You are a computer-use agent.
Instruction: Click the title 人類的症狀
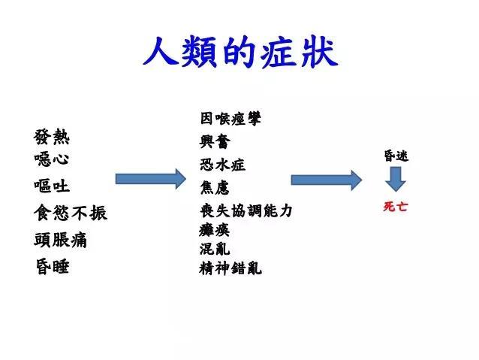pyautogui.click(x=239, y=52)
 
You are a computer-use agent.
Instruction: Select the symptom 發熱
pyautogui.click(x=52, y=137)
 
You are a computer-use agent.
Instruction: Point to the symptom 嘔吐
pyautogui.click(x=52, y=185)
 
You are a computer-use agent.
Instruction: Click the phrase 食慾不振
pyautogui.click(x=71, y=213)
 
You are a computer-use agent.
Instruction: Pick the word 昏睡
pyautogui.click(x=52, y=266)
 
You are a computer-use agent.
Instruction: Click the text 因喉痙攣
pyautogui.click(x=231, y=118)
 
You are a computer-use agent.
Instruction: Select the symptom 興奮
pyautogui.click(x=215, y=141)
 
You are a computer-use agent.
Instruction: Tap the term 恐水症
pyautogui.click(x=223, y=164)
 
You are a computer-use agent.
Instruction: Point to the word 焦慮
pyautogui.click(x=215, y=187)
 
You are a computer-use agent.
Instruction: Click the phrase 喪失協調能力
pyautogui.click(x=246, y=211)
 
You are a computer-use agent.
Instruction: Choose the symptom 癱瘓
pyautogui.click(x=215, y=230)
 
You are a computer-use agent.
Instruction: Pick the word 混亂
pyautogui.click(x=215, y=248)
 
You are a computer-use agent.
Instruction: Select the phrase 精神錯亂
pyautogui.click(x=231, y=268)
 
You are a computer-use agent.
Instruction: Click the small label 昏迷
pyautogui.click(x=396, y=156)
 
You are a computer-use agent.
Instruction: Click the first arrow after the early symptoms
pyautogui.click(x=150, y=179)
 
